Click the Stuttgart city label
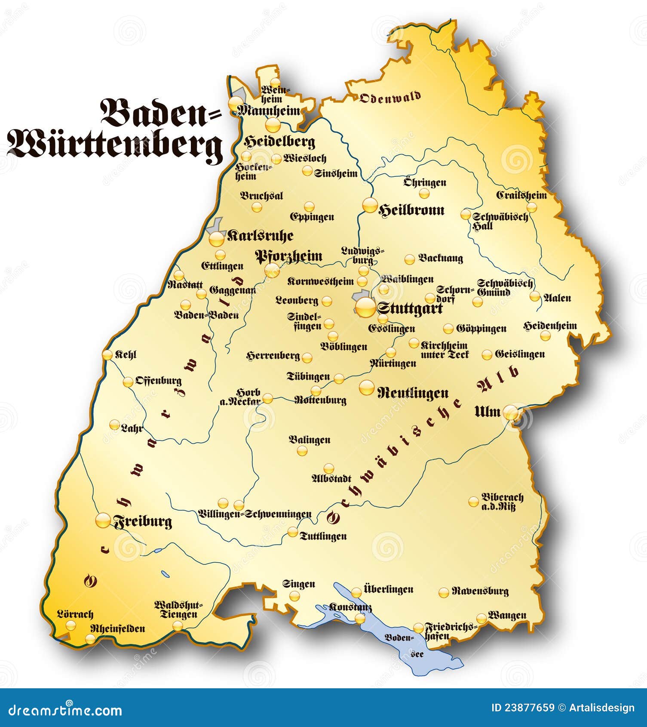pos(410,309)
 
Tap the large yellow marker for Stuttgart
pos(366,307)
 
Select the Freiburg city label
pos(142,522)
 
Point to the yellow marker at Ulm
pos(511,413)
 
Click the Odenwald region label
pos(390,98)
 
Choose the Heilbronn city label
pos(411,210)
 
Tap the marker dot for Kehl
pos(107,355)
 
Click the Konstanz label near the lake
pos(350,607)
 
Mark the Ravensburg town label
pos(480,591)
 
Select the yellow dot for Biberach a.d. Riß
pos(473,502)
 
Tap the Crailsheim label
pos(521,195)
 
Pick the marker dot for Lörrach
pos(71,625)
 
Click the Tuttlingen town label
pos(323,536)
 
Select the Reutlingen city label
pos(413,393)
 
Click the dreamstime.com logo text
pos(65,709)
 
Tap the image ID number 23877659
pos(530,708)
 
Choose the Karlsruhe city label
pos(260,236)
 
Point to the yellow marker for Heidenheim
pos(545,336)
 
